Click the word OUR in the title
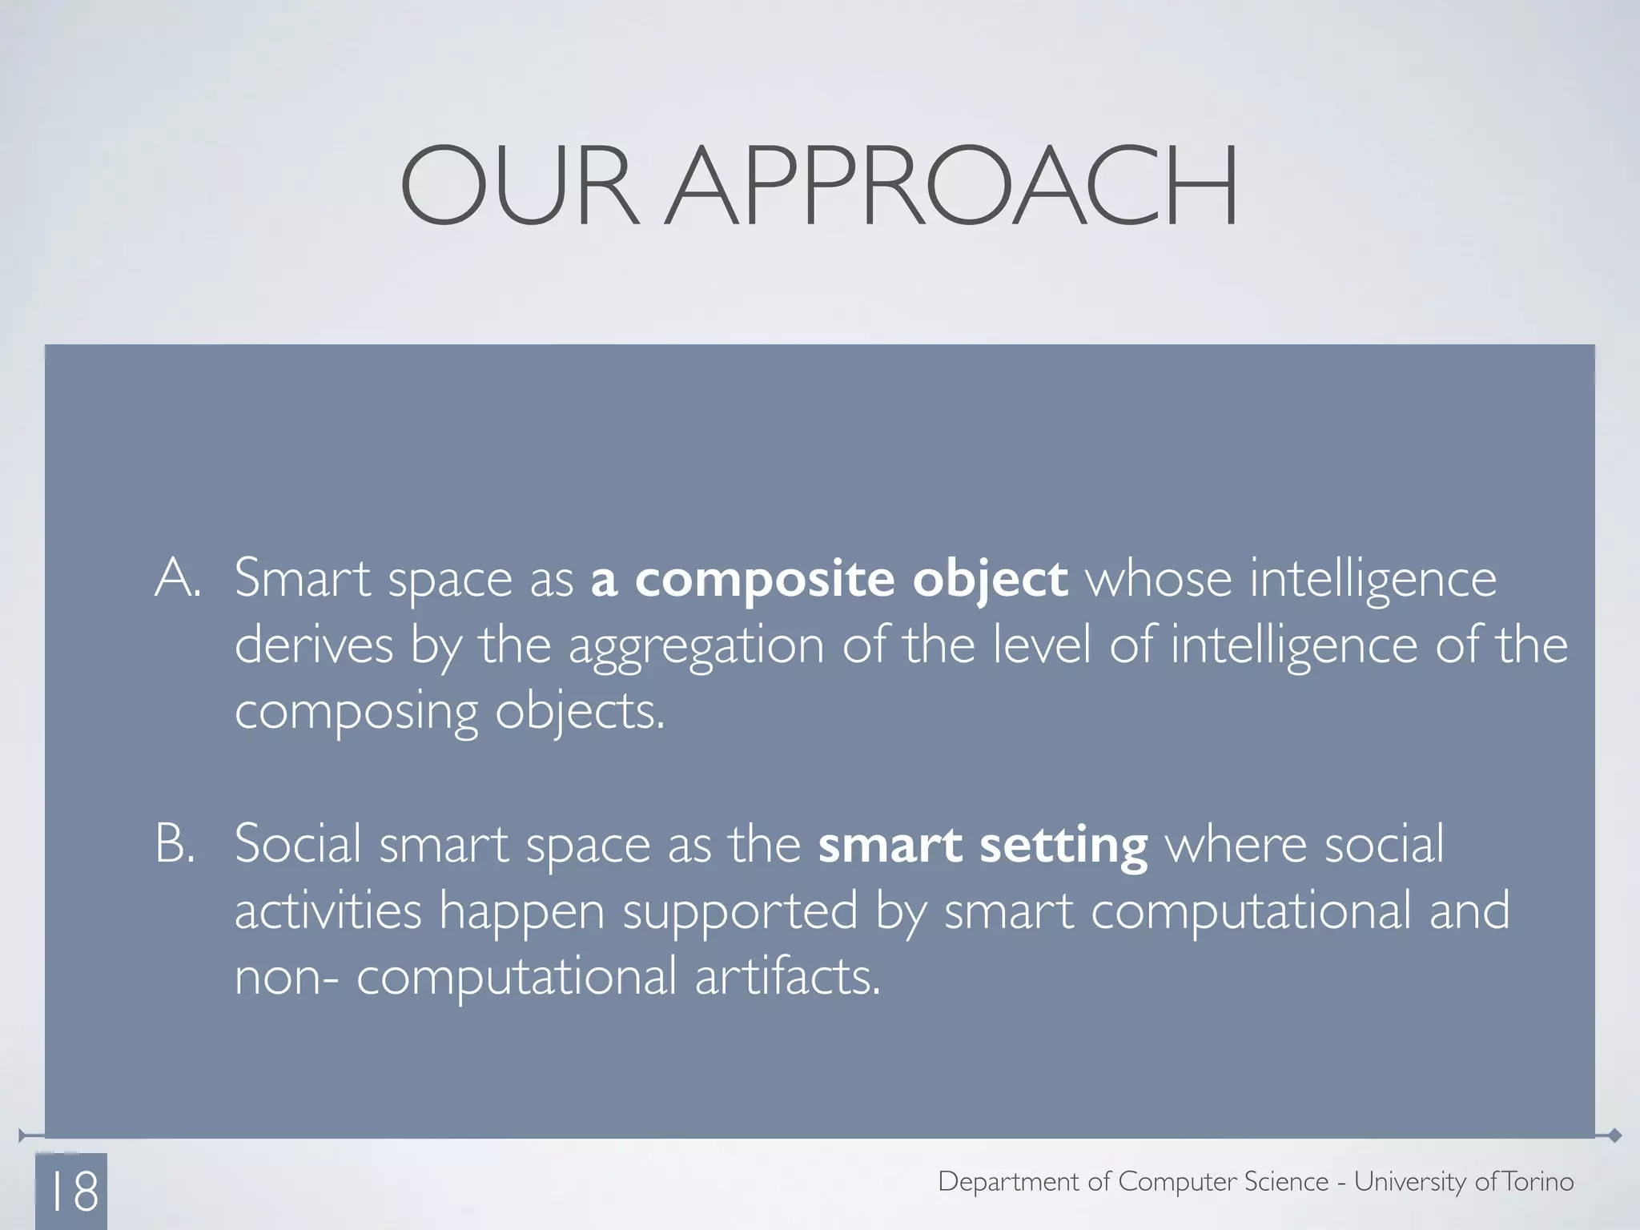tap(519, 186)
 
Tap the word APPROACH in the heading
tap(952, 186)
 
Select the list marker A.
tap(177, 577)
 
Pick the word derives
tap(314, 645)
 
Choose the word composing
tap(356, 713)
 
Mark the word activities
tap(328, 910)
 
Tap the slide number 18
tap(74, 1191)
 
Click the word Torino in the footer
tap(1538, 1181)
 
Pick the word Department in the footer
tap(1008, 1182)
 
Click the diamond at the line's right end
tap(1614, 1136)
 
